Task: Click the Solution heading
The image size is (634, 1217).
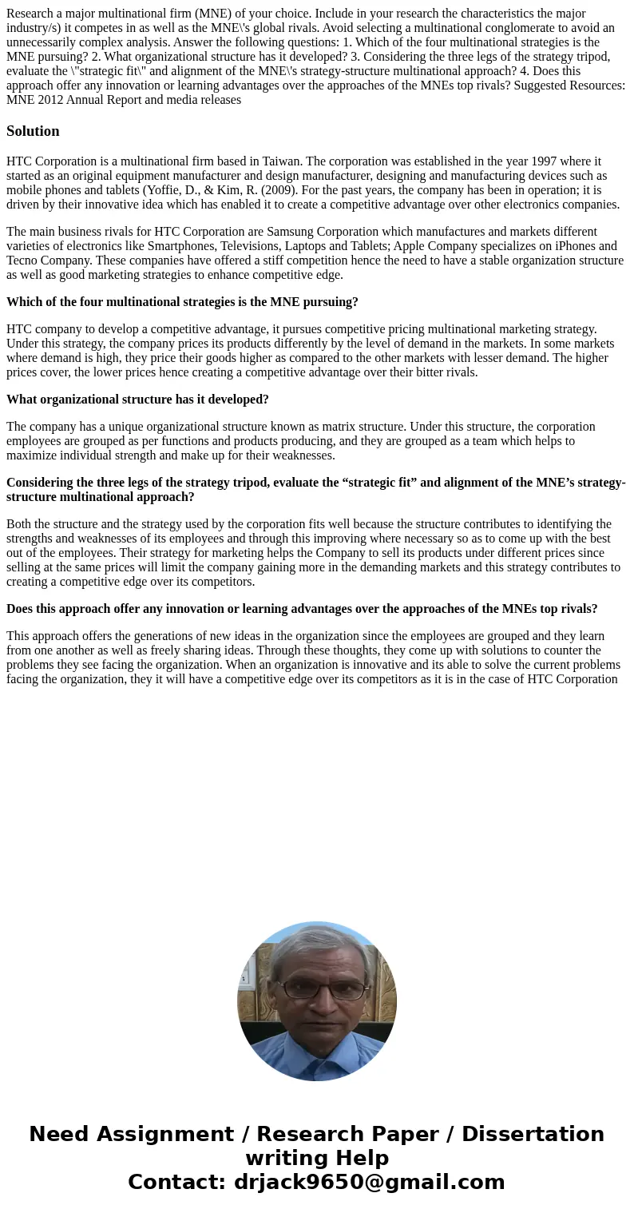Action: coord(33,131)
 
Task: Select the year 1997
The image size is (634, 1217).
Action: coord(307,161)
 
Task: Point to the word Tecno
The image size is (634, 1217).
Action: coord(24,261)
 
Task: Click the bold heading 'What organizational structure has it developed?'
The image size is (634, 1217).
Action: coord(137,400)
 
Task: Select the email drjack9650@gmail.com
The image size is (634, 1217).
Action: coord(370,1182)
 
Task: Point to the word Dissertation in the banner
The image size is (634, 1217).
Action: coord(533,1134)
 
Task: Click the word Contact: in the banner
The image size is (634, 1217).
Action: coord(176,1182)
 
